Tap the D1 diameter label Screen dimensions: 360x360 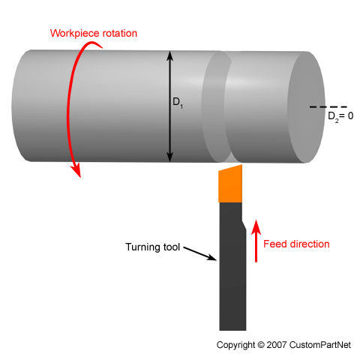(x=178, y=105)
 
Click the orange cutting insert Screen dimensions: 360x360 (x=229, y=184)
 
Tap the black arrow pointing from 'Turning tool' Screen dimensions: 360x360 (x=200, y=254)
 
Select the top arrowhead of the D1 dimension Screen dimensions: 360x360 (x=171, y=55)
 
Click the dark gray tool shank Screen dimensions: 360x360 (x=232, y=270)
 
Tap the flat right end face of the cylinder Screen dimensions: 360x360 (x=306, y=107)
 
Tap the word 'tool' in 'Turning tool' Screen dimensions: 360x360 (x=172, y=246)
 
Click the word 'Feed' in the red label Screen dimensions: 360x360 (x=280, y=244)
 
